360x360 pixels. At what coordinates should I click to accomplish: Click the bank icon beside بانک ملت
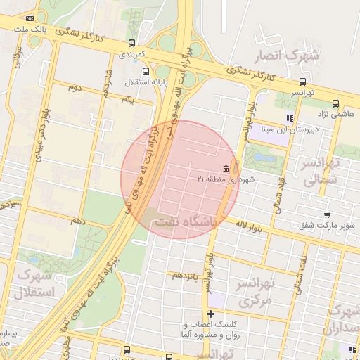click(x=29, y=18)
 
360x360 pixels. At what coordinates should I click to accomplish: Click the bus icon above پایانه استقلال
click(x=146, y=71)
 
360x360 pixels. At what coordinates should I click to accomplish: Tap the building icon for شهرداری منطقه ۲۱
click(x=225, y=169)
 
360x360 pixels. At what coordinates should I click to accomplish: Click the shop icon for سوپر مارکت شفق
click(x=326, y=214)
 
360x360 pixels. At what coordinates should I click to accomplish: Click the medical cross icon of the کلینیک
click(x=210, y=313)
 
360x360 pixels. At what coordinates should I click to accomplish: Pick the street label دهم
click(x=77, y=221)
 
